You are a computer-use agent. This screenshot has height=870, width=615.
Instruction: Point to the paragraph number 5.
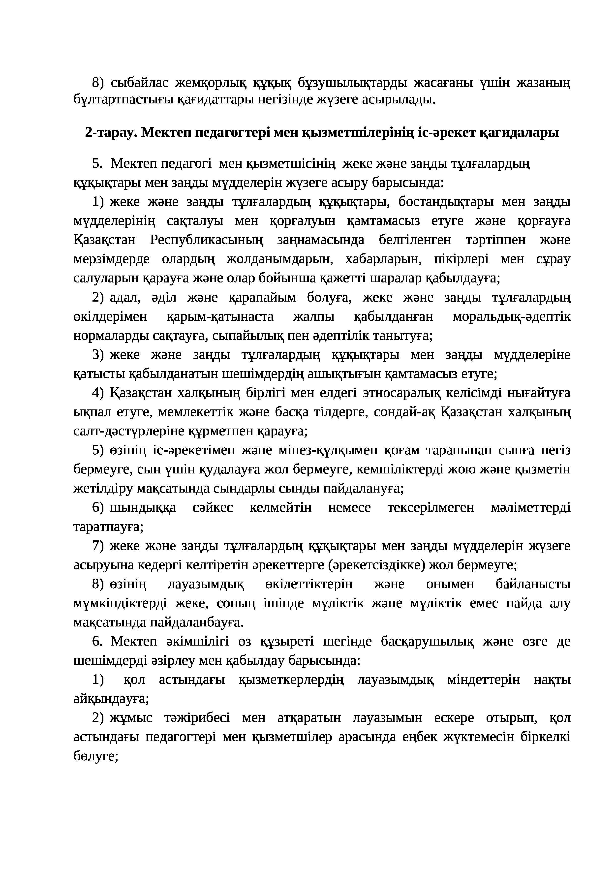click(97, 164)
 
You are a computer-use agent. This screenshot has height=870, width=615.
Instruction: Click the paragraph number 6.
click(97, 642)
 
